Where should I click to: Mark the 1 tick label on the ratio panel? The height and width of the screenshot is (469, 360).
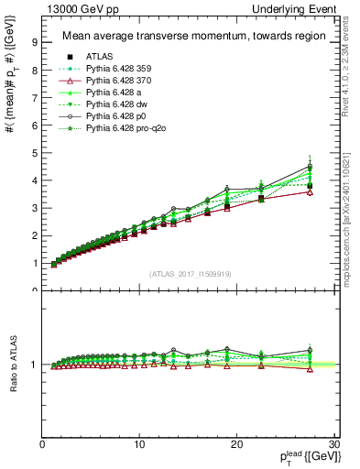[x=34, y=365]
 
